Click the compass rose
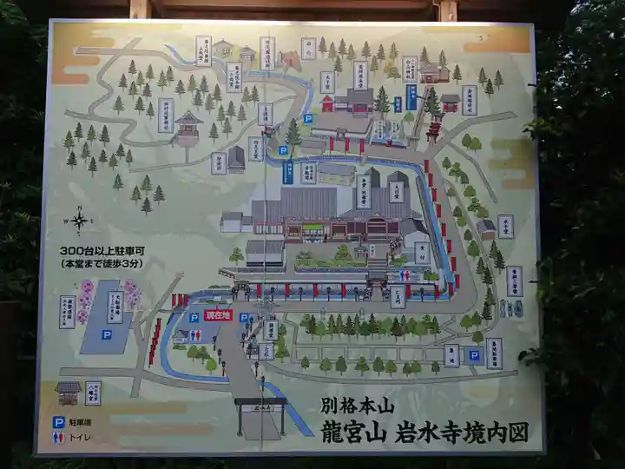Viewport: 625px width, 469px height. pos(80,221)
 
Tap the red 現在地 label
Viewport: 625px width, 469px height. pos(217,317)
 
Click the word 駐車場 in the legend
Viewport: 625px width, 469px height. pos(82,421)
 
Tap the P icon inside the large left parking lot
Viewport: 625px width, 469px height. pos(106,334)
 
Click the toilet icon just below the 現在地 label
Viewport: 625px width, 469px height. pos(218,333)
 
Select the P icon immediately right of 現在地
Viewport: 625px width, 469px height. pos(244,318)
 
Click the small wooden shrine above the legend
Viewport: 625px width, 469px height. pos(69,393)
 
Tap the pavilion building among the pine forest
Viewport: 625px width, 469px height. pos(187,128)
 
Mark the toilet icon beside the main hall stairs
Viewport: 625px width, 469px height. pos(405,274)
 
